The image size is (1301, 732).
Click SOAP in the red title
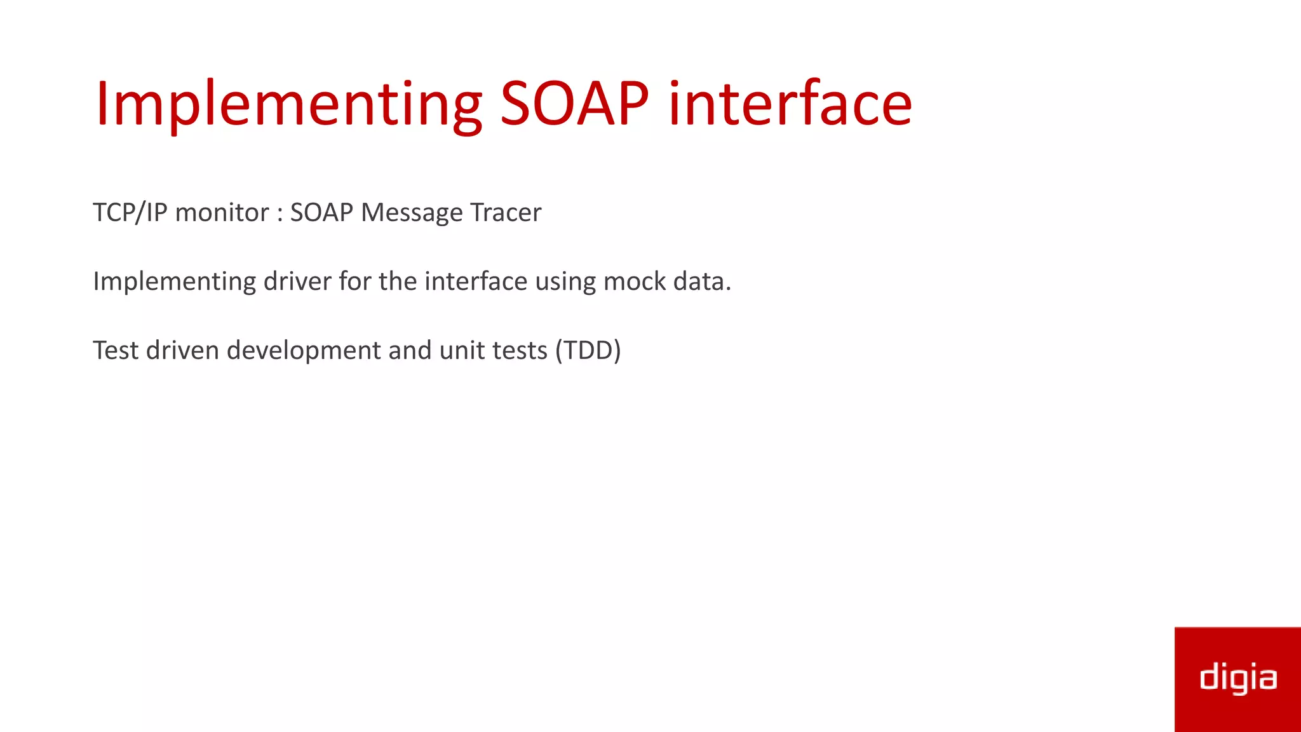pos(574,104)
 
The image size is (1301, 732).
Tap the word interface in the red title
pos(790,104)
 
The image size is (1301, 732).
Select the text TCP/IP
pos(130,213)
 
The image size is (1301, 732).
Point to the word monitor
pos(222,213)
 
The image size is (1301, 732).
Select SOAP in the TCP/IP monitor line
pos(321,213)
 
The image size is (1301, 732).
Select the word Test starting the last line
pos(115,351)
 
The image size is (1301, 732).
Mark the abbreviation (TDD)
pos(588,351)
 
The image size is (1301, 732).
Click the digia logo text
pos(1237,678)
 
